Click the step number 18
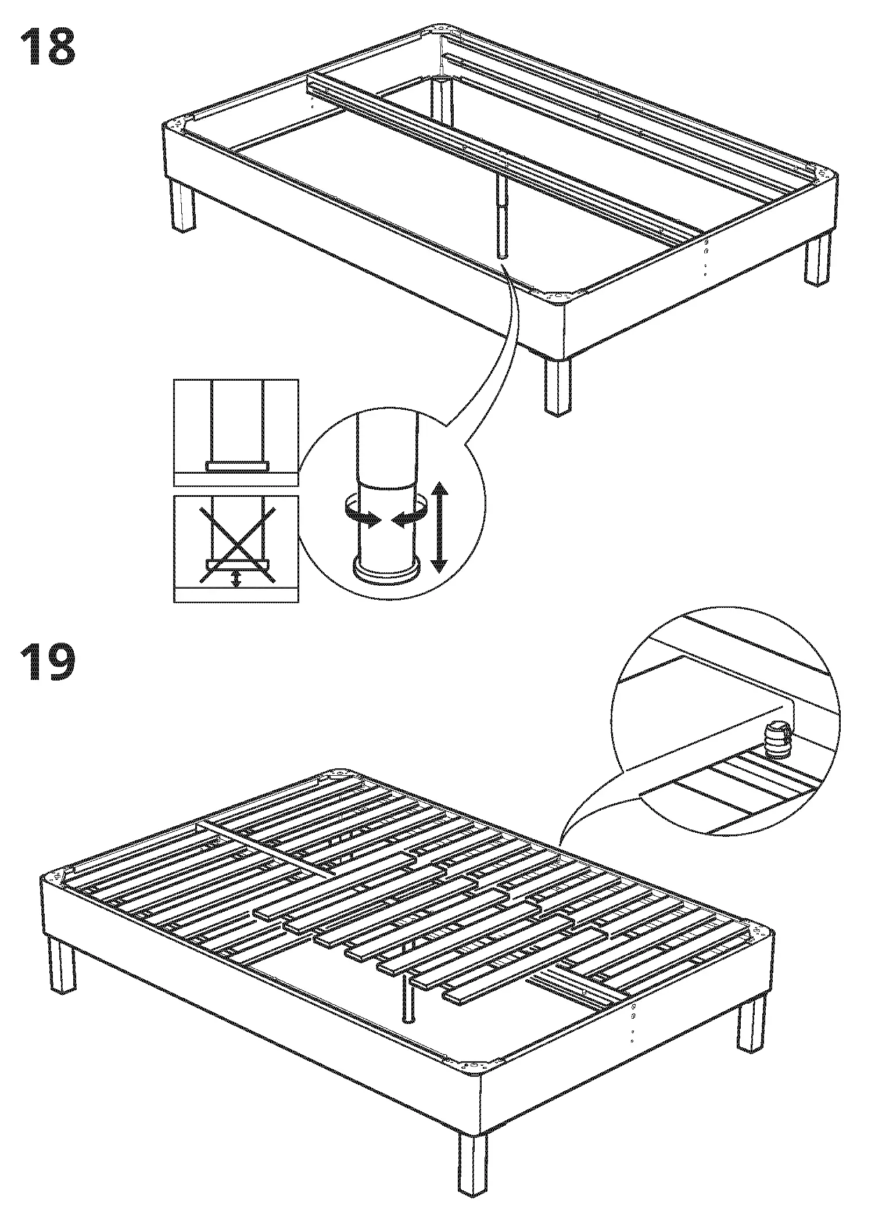click(x=48, y=47)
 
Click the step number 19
click(x=48, y=661)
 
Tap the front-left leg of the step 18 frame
click(x=183, y=206)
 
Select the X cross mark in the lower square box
click(x=236, y=543)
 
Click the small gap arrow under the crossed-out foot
click(x=236, y=578)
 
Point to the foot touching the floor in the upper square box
click(x=237, y=465)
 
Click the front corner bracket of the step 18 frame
click(x=560, y=296)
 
